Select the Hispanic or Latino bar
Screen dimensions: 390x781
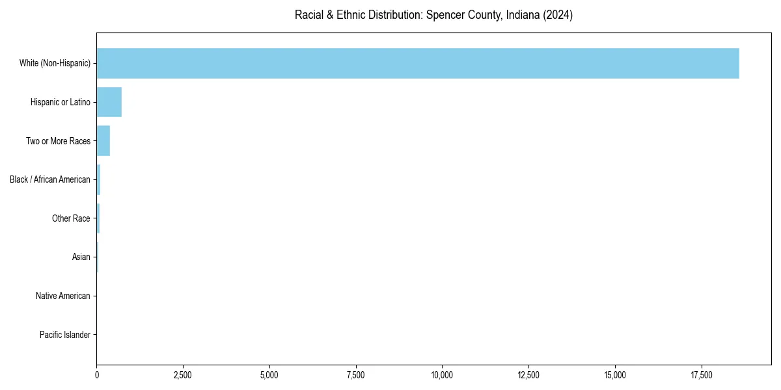coord(109,102)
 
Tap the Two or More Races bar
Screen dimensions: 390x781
coord(103,141)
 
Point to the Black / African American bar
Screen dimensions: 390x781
coord(98,179)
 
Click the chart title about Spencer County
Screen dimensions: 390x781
coord(433,15)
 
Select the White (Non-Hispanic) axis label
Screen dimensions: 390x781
coord(55,63)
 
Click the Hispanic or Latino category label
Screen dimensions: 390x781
coord(61,102)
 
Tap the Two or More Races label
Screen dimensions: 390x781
coord(58,141)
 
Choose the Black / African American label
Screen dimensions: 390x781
coord(50,179)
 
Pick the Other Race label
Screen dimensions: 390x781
coord(71,218)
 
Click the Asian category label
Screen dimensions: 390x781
coord(81,257)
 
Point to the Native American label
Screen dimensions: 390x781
coord(63,296)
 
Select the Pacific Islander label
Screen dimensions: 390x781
coord(65,335)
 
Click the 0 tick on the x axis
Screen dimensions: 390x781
coord(97,375)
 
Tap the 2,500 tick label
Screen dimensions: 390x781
coord(183,375)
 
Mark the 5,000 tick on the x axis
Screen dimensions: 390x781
coord(269,375)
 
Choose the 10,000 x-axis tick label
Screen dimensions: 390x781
coord(442,375)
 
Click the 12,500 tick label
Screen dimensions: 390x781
coord(528,375)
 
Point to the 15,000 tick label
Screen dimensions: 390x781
coord(615,375)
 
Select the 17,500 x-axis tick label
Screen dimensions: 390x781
coord(701,375)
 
